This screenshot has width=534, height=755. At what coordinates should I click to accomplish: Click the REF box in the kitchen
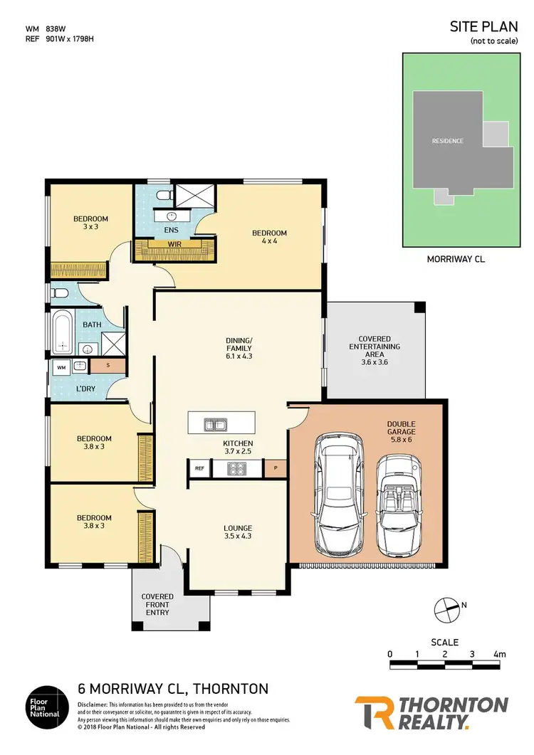coord(199,468)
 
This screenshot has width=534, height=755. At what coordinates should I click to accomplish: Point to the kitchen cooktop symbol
coord(236,468)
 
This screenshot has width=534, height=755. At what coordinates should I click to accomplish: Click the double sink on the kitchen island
coord(215,426)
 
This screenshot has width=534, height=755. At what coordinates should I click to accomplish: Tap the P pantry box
coord(275,468)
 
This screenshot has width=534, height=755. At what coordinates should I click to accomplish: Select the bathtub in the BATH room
coord(63,333)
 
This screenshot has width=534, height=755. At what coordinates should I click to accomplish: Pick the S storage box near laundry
coord(108,366)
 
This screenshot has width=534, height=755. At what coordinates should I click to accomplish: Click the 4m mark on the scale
coord(498,654)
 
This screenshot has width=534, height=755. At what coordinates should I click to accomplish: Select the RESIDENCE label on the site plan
coord(447,141)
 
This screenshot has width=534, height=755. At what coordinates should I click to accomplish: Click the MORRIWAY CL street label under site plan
coord(456,260)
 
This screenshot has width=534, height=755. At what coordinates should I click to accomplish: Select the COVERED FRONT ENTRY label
coord(157,605)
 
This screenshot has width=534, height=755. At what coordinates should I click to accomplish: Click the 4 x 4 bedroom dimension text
coord(269,242)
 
